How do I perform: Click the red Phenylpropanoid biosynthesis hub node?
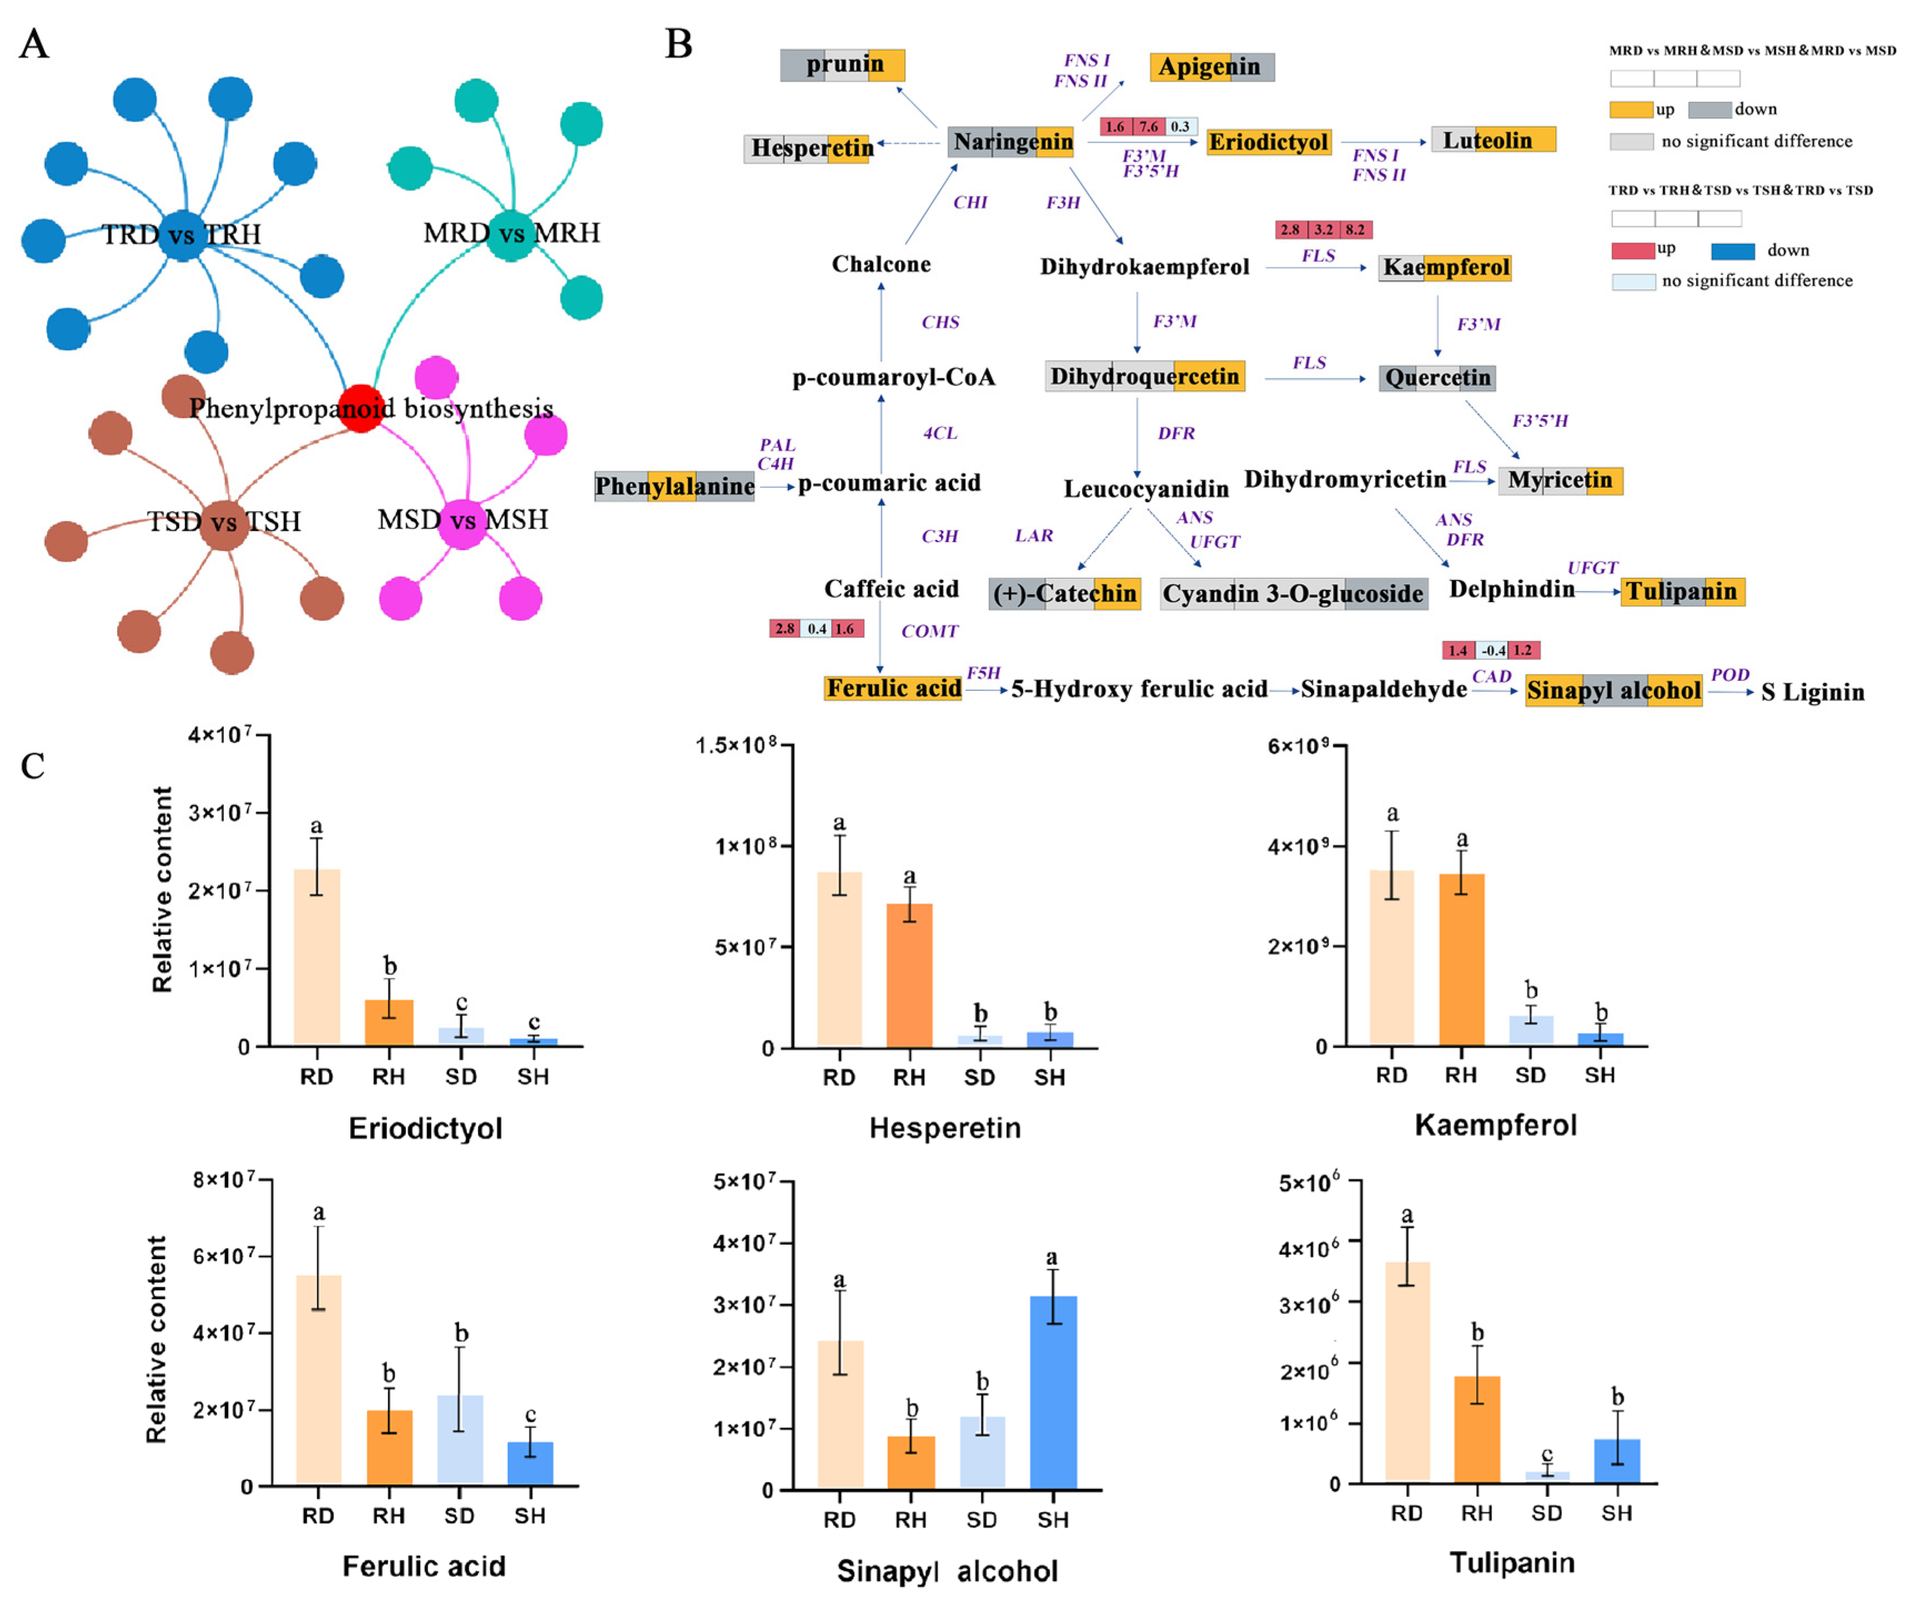click(x=361, y=407)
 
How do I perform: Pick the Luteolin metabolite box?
click(x=1492, y=139)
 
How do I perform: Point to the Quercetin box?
click(x=1437, y=377)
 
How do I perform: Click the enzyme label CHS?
click(x=940, y=322)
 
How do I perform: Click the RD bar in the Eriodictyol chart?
click(x=316, y=957)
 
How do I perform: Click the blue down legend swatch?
click(x=1732, y=251)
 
